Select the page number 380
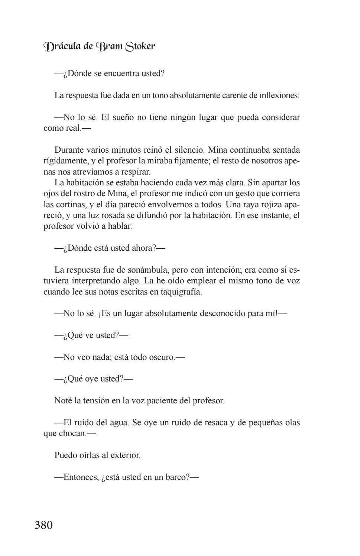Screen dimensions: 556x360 [44, 525]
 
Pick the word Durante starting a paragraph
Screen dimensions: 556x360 [69, 150]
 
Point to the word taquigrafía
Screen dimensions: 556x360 [181, 292]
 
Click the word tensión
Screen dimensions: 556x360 [97, 401]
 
